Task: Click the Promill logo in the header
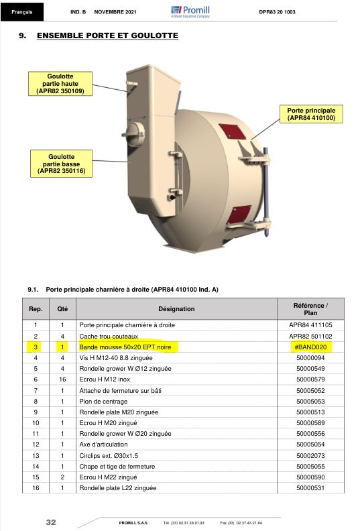coord(190,11)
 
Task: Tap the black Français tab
coord(22,12)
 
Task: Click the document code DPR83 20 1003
coord(277,12)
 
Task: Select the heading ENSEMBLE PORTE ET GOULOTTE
coord(107,36)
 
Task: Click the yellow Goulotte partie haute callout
coord(60,84)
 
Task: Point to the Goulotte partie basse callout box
coord(61,164)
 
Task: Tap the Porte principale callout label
coord(311,114)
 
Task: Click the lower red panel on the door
coord(239,215)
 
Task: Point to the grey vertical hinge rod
coord(266,191)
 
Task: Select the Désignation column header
coord(176,309)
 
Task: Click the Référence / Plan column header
coord(310,309)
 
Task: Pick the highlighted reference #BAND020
coord(310,347)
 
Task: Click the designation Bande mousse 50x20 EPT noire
coord(125,347)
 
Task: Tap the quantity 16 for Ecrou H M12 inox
coord(62,379)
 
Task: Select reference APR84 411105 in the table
coord(310,325)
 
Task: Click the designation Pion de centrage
coord(103,402)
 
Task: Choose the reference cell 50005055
coord(310,467)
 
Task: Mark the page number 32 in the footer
coord(51,522)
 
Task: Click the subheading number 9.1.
coord(33,290)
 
